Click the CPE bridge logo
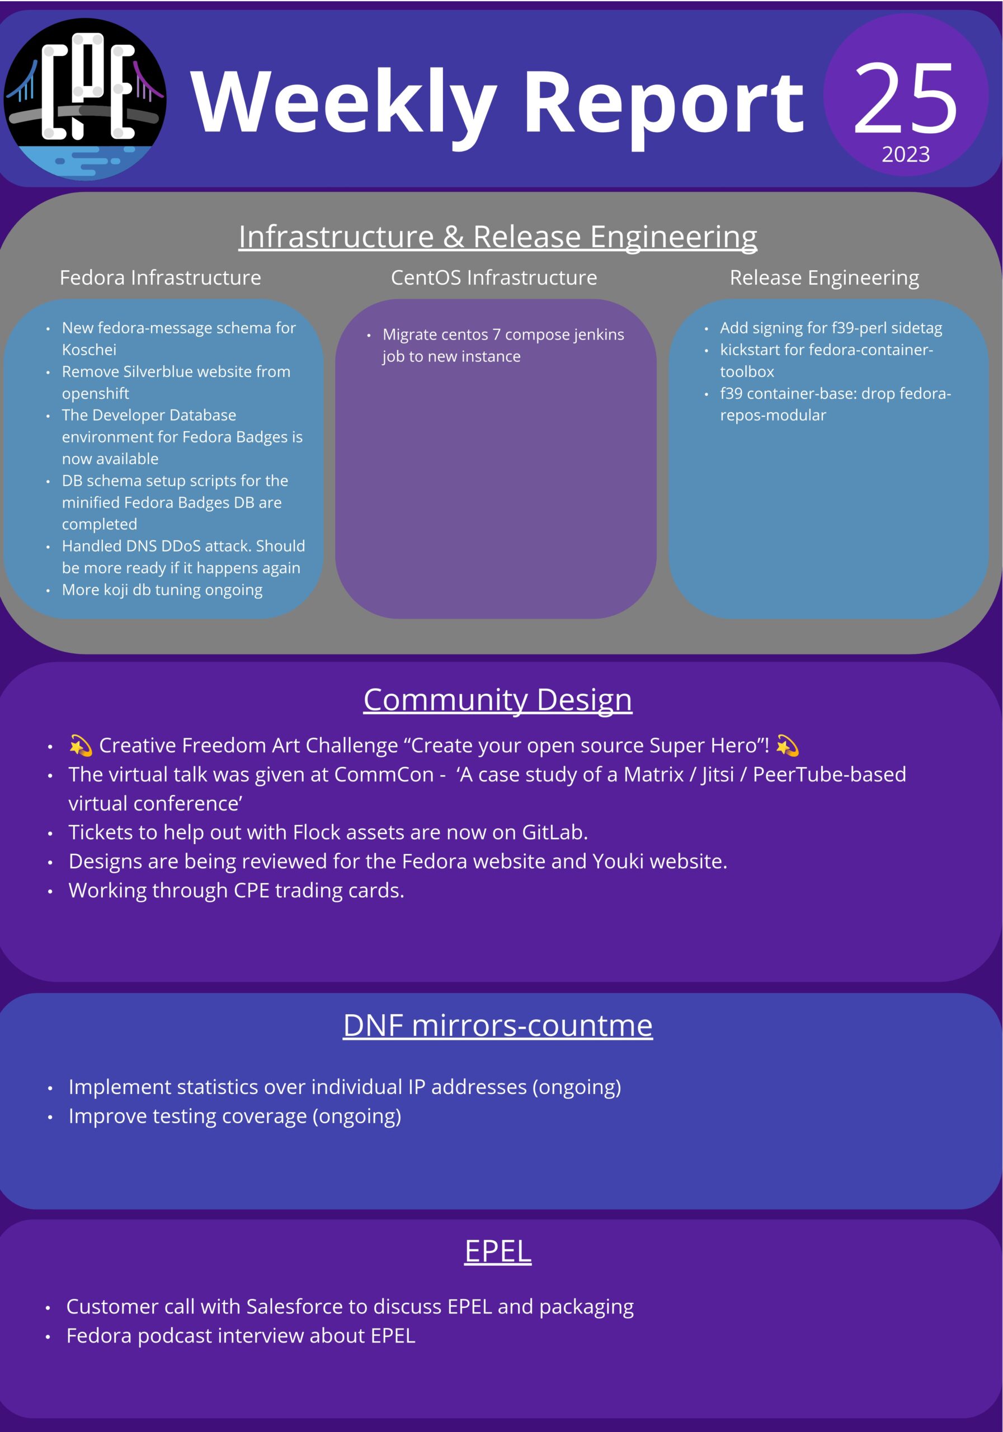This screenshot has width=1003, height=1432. click(x=85, y=98)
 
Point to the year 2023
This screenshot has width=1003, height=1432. click(x=905, y=154)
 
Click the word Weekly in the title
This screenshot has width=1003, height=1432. click(x=343, y=103)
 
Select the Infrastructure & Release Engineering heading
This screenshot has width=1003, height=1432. click(x=497, y=237)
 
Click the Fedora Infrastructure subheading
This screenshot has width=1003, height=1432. click(x=161, y=277)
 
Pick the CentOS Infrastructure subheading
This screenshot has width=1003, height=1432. click(x=493, y=277)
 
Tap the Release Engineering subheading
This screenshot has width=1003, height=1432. click(x=824, y=277)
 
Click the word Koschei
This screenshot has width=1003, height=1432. click(x=89, y=350)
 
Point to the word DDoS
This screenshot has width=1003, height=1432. click(x=187, y=547)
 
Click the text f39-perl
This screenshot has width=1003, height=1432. click(x=860, y=328)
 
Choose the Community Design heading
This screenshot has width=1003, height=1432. click(x=497, y=700)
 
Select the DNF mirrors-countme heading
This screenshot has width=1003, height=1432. click(x=497, y=1026)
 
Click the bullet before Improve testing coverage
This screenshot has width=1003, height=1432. click(x=50, y=1117)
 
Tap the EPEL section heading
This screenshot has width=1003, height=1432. click(x=497, y=1251)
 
